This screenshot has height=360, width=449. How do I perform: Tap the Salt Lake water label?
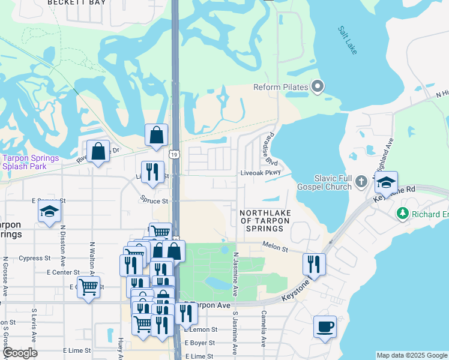(x=347, y=40)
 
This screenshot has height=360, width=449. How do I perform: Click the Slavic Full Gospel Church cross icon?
(x=361, y=180)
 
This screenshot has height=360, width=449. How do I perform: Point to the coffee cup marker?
(x=325, y=327)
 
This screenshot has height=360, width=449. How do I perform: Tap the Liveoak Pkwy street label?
(x=261, y=172)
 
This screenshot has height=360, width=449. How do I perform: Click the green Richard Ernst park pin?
(x=402, y=214)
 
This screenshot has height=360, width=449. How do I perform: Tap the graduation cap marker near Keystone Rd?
(x=386, y=181)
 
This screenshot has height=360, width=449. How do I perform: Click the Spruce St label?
(x=153, y=200)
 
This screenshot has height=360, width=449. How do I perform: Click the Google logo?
(x=20, y=353)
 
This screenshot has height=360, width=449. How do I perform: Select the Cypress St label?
(x=35, y=259)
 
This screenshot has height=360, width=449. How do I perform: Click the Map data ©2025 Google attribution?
(x=411, y=355)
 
